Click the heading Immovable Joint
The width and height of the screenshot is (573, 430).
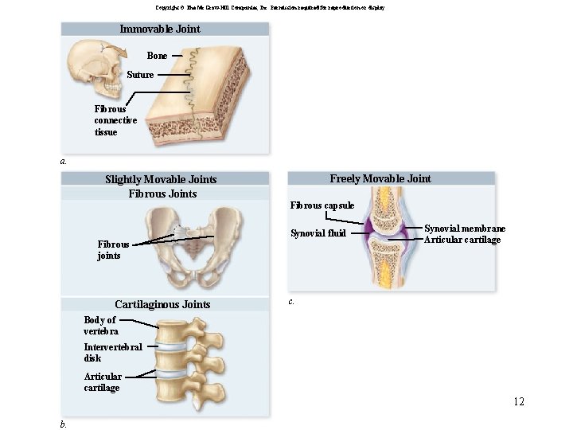click(159, 29)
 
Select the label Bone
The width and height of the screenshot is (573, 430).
click(157, 56)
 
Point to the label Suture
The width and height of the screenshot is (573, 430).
click(140, 75)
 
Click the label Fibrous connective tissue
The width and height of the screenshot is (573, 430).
click(115, 120)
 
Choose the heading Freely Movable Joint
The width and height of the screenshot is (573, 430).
click(380, 178)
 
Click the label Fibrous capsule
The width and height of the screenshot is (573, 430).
click(322, 205)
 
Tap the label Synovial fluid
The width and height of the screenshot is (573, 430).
click(318, 233)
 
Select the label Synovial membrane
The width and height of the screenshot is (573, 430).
click(465, 229)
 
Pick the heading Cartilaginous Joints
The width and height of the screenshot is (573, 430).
click(162, 304)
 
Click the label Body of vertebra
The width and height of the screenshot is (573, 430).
click(101, 325)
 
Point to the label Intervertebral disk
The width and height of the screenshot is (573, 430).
click(113, 352)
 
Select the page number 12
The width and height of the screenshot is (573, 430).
click(519, 401)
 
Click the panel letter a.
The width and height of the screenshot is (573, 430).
click(63, 161)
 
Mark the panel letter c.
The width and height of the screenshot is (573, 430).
click(291, 302)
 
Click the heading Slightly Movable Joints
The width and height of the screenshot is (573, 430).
click(161, 179)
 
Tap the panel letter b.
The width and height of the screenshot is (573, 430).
click(63, 424)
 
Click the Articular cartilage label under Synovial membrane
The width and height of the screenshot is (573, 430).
click(462, 240)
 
